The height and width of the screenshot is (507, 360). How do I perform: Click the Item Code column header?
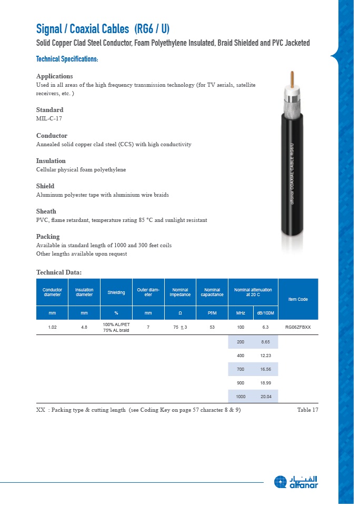tap(298, 299)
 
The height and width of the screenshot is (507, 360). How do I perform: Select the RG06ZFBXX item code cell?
tap(298, 327)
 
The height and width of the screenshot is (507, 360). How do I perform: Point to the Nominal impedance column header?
tap(180, 292)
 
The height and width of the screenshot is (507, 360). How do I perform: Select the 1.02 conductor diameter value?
tap(52, 327)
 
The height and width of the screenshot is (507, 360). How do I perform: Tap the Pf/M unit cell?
tap(212, 313)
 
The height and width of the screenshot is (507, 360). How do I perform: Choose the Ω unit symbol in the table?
tap(180, 313)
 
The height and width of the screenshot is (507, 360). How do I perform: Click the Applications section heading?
tap(54, 76)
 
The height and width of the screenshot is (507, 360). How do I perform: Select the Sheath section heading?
tap(46, 211)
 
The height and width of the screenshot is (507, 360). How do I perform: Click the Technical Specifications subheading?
tap(67, 59)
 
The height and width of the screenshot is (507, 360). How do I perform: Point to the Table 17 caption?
tap(307, 410)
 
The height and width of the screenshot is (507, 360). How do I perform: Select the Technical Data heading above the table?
tap(59, 272)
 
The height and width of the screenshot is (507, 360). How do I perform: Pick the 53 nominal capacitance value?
tap(212, 327)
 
